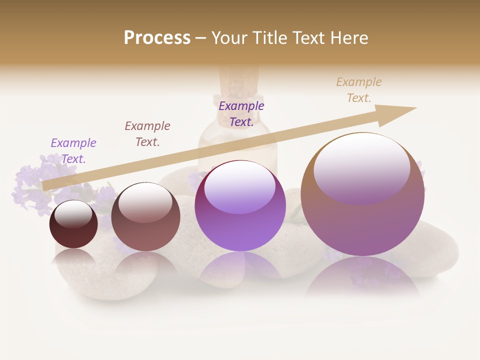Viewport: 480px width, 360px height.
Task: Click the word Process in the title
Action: tap(157, 38)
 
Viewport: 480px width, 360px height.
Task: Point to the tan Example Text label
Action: tap(358, 90)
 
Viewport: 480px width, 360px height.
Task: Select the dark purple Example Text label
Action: tap(241, 114)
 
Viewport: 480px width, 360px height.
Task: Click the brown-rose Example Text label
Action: tap(147, 134)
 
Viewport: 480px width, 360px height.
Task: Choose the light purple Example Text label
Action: tap(73, 151)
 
